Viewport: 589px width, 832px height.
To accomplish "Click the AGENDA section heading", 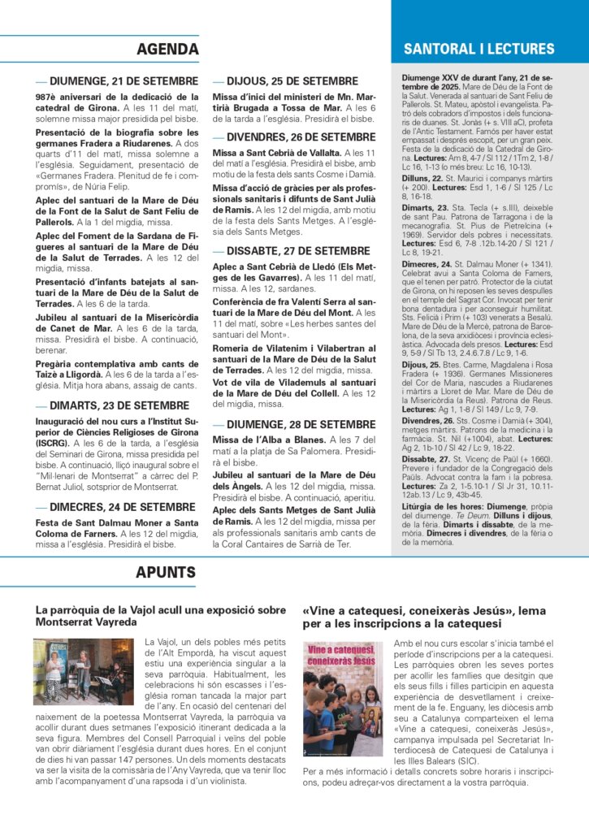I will click(167, 50).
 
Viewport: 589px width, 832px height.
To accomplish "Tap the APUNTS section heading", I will click(166, 573).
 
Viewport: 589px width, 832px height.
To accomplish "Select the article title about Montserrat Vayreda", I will click(161, 615).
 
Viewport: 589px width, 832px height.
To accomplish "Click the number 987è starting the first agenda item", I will click(45, 96).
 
